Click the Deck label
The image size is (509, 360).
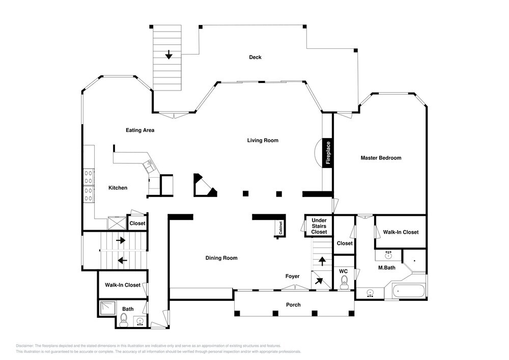[255, 57]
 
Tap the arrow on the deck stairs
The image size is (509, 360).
[168, 54]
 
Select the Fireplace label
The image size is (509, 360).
[328, 153]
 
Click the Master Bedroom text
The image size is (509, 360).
[381, 158]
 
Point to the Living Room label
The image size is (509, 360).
[263, 140]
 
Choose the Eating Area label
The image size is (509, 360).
[140, 130]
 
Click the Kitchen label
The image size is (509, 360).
[118, 187]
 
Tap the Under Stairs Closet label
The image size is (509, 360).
[319, 226]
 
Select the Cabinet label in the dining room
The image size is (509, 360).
[280, 228]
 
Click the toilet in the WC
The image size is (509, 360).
[344, 282]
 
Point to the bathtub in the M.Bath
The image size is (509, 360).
[409, 291]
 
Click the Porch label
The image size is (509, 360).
[293, 305]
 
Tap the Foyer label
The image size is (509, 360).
[292, 276]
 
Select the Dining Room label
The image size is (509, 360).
[221, 258]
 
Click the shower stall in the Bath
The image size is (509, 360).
[108, 309]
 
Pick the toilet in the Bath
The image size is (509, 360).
[123, 320]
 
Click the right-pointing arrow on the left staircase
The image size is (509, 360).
[121, 240]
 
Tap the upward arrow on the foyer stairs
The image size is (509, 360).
[322, 261]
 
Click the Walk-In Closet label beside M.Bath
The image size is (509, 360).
[401, 232]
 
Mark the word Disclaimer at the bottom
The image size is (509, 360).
[24, 346]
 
